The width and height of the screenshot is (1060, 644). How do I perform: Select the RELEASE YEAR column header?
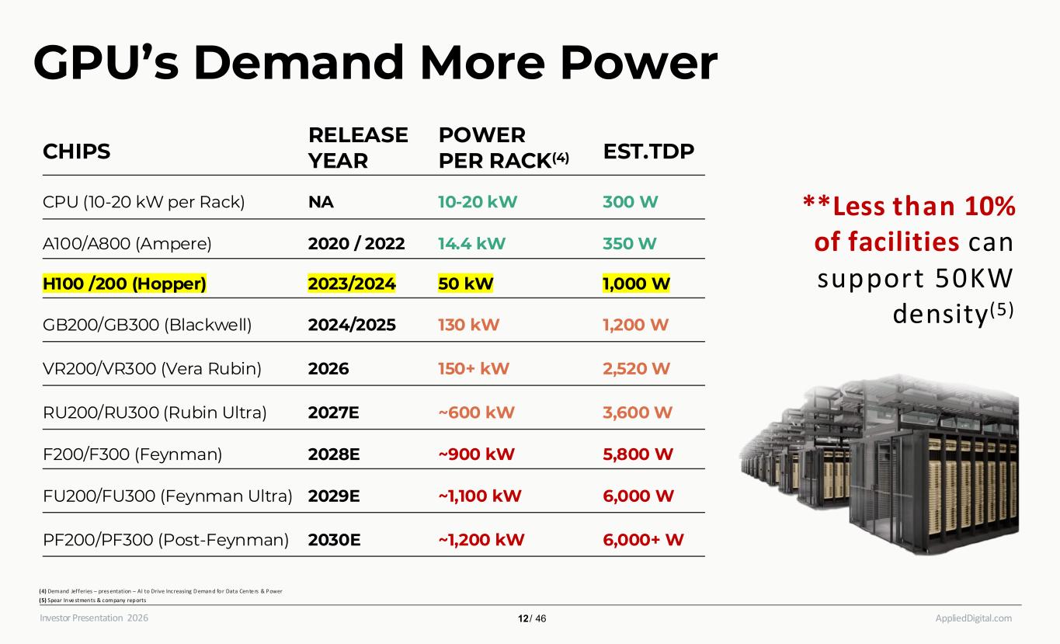[358, 148]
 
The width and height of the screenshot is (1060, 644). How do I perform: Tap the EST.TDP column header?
[648, 151]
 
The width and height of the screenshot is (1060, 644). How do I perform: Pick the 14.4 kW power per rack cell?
[472, 243]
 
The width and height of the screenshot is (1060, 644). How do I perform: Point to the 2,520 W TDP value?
[636, 368]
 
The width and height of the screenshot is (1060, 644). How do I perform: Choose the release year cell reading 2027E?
[333, 412]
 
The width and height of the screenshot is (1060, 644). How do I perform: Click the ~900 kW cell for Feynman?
[476, 454]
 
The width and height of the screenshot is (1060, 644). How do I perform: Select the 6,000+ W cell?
[643, 538]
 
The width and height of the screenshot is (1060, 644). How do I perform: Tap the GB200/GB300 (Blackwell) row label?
[148, 325]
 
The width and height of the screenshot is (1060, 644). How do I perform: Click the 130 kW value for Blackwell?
[469, 325]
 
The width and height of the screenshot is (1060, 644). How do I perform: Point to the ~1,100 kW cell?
[480, 496]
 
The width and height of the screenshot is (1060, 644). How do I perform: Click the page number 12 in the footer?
[523, 618]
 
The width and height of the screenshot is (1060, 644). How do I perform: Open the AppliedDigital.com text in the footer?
[973, 618]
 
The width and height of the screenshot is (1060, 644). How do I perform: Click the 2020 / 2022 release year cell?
[356, 243]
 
